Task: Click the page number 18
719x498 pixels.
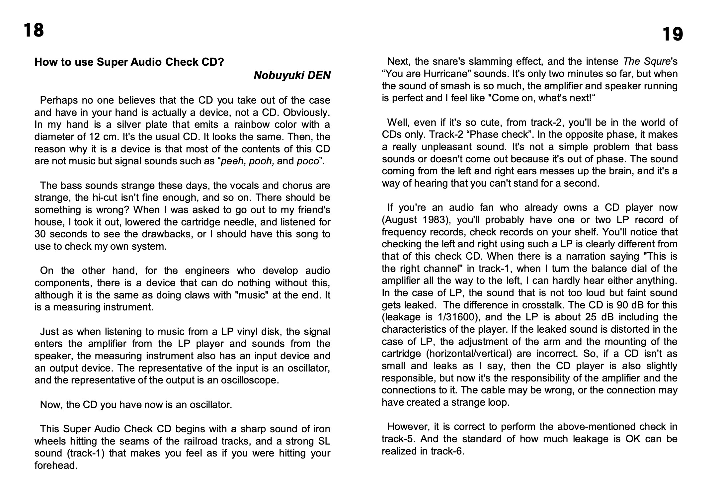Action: click(x=34, y=30)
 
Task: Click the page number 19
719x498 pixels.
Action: click(x=673, y=35)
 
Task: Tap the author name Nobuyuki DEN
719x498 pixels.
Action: click(x=292, y=76)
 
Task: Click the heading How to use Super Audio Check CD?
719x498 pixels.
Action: click(x=129, y=62)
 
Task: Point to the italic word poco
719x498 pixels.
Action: click(x=307, y=161)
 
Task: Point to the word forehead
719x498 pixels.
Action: click(x=56, y=466)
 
